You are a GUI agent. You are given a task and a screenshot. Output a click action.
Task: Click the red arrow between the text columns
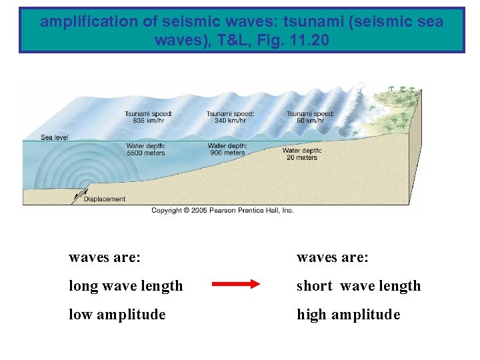235,285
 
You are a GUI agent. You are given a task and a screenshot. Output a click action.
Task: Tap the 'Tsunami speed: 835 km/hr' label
148,117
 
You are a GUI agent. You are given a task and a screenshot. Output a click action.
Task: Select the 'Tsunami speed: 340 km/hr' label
230,117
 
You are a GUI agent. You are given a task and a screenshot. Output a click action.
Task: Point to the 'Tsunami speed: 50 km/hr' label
310,117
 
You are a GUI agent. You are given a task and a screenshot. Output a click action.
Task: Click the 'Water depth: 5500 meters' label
145,149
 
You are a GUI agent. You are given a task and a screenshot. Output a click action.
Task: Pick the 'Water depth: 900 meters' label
227,149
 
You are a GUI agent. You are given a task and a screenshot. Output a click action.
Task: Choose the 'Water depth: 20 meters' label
301,154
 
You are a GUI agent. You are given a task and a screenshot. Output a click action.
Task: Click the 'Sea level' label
54,137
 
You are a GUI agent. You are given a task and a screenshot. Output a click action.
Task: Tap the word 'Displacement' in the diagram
105,199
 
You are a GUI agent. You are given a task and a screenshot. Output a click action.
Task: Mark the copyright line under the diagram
223,210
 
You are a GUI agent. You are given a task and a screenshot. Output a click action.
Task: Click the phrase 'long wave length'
125,286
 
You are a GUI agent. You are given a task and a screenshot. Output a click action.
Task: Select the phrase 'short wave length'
359,286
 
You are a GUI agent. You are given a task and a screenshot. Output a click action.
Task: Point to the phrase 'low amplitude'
117,314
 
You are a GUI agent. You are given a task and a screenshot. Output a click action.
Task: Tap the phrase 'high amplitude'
348,314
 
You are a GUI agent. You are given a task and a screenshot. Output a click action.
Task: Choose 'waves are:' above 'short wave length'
332,257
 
